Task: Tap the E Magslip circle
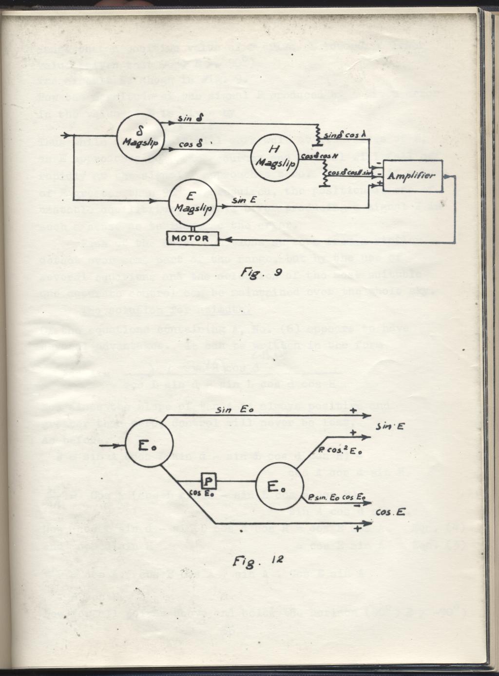(192, 203)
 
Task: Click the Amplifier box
(413, 176)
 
